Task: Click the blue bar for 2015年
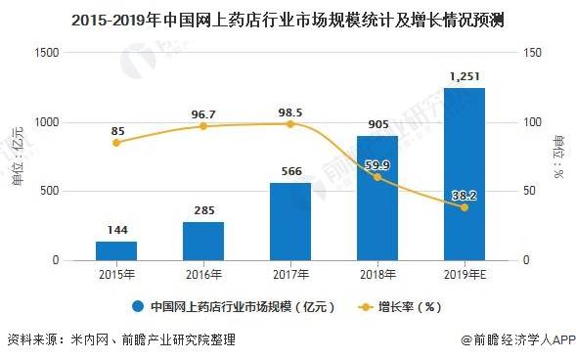116,250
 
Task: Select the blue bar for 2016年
203,241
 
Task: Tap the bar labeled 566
290,222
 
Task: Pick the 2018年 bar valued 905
377,199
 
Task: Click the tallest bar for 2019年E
465,174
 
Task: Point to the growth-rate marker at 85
116,143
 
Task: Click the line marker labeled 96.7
203,126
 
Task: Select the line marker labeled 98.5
290,124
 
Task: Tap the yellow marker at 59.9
377,177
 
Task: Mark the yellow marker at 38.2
465,207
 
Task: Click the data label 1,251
465,76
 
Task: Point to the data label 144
116,231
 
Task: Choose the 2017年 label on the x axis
290,275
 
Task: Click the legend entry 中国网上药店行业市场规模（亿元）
235,306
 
